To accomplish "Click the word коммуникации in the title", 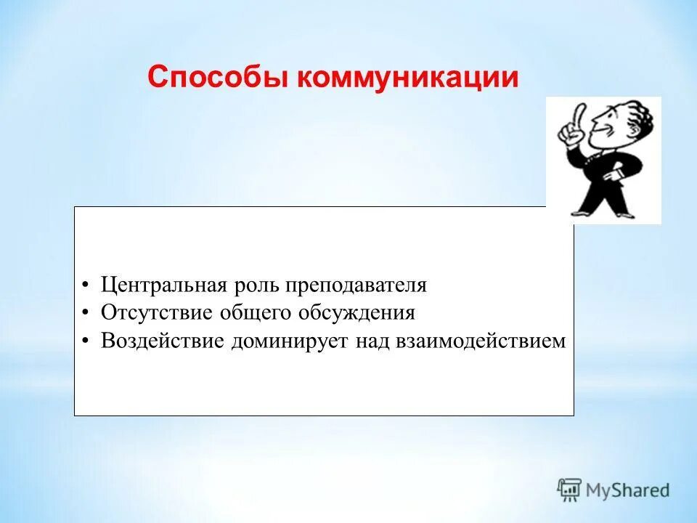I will tap(408, 78).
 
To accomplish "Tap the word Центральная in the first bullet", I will tap(163, 285).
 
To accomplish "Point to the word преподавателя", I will tap(356, 285).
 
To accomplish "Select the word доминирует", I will tap(290, 341).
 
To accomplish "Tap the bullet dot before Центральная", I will tap(86, 285).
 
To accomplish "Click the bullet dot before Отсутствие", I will tap(86, 314).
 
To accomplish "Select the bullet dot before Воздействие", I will tap(86, 341).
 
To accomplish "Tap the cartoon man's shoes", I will tap(603, 212).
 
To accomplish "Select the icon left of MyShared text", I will tap(570, 489).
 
